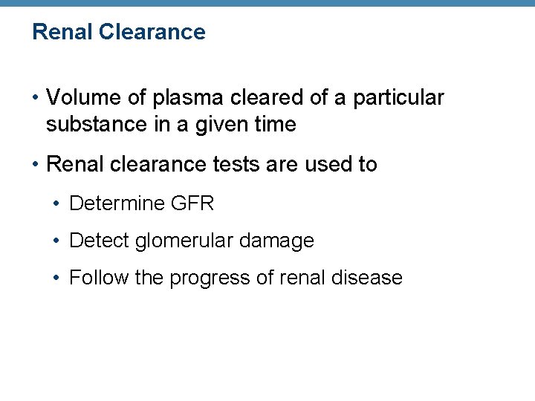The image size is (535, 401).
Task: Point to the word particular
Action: (398, 97)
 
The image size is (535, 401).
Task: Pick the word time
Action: (276, 125)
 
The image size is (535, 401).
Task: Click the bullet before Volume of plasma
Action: (36, 98)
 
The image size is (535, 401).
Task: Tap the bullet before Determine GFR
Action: (59, 203)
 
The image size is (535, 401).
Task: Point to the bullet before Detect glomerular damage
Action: (59, 241)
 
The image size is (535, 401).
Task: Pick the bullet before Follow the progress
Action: (59, 278)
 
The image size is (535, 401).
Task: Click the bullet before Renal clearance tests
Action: (36, 164)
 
